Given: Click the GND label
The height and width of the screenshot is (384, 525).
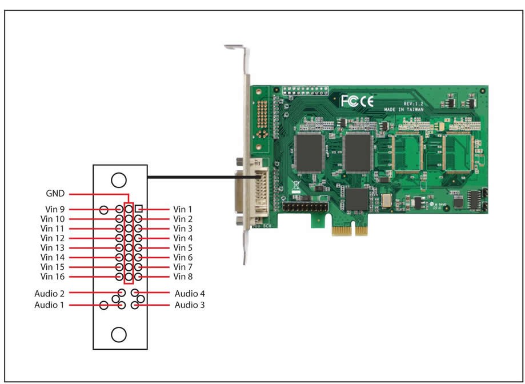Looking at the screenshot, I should [55, 194].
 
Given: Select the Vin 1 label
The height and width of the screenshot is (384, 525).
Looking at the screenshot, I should [183, 209].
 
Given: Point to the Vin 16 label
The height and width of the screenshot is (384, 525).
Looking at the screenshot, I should [53, 277].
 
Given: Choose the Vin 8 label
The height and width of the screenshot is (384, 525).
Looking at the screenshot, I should [183, 277].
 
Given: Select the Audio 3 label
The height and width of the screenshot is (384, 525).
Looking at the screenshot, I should [189, 305].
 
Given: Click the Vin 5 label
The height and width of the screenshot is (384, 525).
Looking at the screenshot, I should [183, 247].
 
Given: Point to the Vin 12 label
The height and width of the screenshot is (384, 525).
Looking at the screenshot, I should [53, 238].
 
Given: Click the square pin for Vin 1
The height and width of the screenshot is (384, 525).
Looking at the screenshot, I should [138, 209].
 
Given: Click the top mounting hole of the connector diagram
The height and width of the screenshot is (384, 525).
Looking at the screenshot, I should [118, 180].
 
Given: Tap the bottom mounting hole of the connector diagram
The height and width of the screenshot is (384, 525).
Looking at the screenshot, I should [118, 334].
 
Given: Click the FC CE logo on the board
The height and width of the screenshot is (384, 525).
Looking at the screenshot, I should [357, 102].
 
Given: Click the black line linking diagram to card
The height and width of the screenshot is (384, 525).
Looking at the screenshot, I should [200, 177].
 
